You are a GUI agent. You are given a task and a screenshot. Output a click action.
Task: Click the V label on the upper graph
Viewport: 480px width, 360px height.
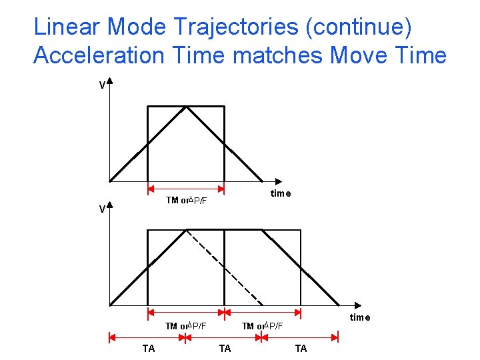click(x=101, y=85)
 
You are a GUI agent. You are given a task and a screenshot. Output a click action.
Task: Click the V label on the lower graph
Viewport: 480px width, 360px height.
click(x=101, y=209)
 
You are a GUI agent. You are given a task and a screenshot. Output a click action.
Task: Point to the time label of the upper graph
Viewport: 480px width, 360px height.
click(x=281, y=193)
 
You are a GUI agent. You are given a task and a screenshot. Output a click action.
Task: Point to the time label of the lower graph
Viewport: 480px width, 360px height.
click(x=360, y=317)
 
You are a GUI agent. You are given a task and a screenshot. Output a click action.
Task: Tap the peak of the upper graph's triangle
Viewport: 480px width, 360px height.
click(x=187, y=107)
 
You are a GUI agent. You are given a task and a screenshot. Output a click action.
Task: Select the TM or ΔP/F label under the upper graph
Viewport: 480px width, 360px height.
click(x=186, y=201)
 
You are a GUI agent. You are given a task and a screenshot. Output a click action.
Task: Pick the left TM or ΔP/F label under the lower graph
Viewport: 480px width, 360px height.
click(x=186, y=326)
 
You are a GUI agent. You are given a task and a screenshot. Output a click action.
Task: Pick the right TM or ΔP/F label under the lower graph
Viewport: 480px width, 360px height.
click(x=262, y=326)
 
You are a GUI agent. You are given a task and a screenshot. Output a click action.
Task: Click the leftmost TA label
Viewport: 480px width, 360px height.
click(x=149, y=349)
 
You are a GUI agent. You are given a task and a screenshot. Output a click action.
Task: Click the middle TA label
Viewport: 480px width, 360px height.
click(x=225, y=349)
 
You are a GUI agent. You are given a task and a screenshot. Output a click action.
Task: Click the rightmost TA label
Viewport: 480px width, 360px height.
click(x=301, y=349)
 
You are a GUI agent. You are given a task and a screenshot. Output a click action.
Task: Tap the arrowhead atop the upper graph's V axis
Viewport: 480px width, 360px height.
click(x=109, y=83)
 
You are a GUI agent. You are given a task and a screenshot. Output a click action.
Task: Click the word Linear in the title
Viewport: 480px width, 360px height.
click(x=67, y=26)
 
